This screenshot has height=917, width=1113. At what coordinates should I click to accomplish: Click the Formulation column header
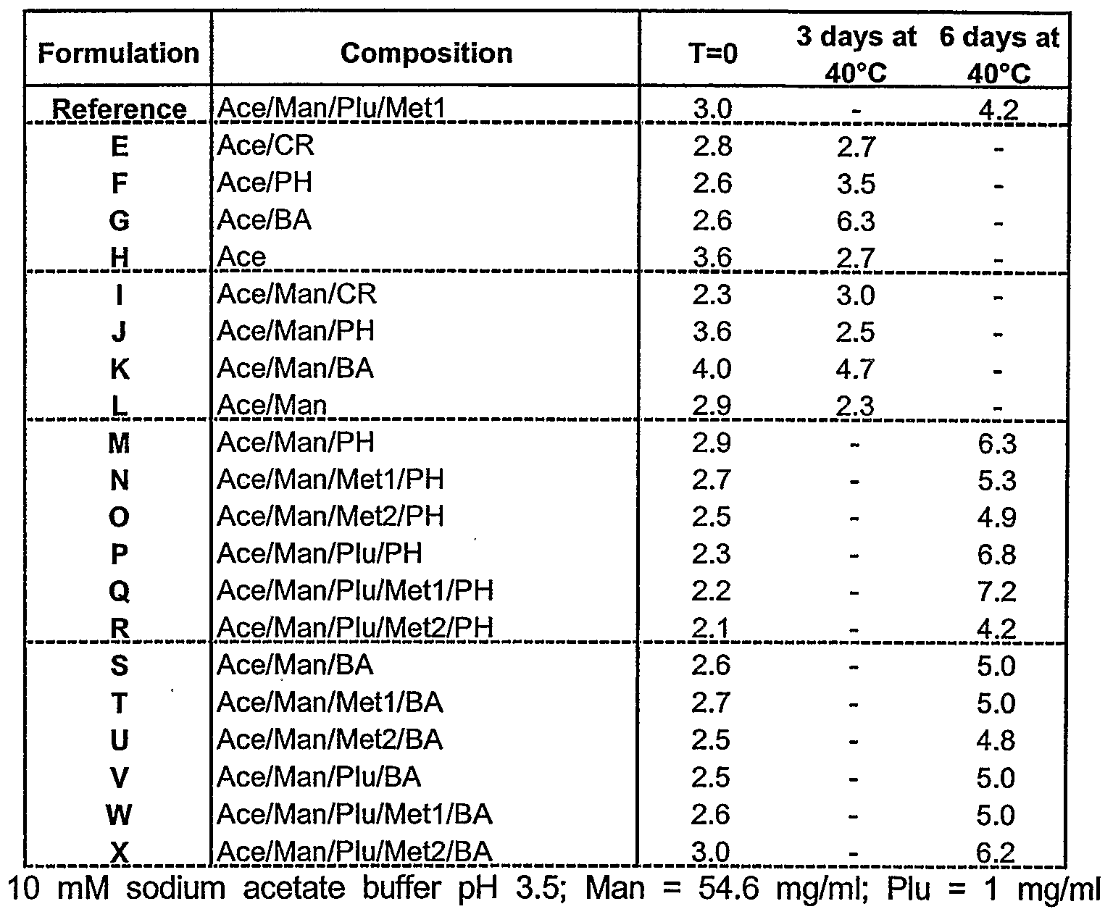pyautogui.click(x=118, y=54)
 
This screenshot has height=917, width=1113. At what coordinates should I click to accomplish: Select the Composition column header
pyautogui.click(x=426, y=53)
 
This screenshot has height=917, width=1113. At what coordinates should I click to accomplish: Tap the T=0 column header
pyautogui.click(x=712, y=54)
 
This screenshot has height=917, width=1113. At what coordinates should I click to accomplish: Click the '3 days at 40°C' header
pyautogui.click(x=856, y=54)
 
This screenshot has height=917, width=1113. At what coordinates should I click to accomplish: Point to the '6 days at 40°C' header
pyautogui.click(x=999, y=54)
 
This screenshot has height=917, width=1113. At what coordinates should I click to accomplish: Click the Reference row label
pyautogui.click(x=120, y=109)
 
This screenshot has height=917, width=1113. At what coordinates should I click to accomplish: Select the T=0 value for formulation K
pyautogui.click(x=712, y=369)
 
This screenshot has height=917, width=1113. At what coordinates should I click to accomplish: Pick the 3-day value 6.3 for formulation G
pyautogui.click(x=856, y=220)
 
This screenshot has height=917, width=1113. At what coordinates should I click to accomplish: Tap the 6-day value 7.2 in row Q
pyautogui.click(x=997, y=591)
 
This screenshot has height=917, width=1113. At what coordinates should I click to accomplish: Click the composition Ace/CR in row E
pyautogui.click(x=266, y=146)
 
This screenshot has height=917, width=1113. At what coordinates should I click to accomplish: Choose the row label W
pyautogui.click(x=120, y=815)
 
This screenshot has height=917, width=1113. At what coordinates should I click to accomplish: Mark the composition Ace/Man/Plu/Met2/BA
pyautogui.click(x=354, y=852)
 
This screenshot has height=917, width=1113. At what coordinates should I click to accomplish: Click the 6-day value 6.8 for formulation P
pyautogui.click(x=997, y=554)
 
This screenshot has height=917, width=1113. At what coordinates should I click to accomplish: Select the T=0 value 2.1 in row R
pyautogui.click(x=712, y=628)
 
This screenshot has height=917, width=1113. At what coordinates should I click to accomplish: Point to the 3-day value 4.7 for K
pyautogui.click(x=856, y=369)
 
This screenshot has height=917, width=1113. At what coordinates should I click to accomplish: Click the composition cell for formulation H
pyautogui.click(x=242, y=257)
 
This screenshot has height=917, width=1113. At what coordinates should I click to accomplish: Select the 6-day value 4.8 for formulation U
pyautogui.click(x=997, y=740)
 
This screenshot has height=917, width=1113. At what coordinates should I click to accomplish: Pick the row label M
pyautogui.click(x=120, y=443)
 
